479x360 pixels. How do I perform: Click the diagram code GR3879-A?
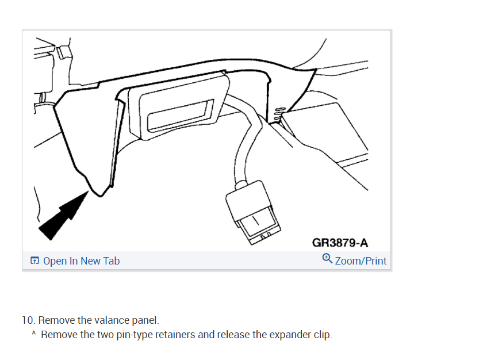[340, 243]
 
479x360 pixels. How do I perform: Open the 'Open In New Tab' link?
[81, 261]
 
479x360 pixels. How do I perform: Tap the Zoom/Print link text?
[361, 261]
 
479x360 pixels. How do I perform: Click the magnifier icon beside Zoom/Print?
[327, 259]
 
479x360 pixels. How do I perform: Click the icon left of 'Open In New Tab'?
[35, 261]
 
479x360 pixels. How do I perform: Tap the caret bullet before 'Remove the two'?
[34, 334]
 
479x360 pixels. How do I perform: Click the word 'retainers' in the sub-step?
[173, 334]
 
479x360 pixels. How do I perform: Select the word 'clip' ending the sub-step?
[321, 334]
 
